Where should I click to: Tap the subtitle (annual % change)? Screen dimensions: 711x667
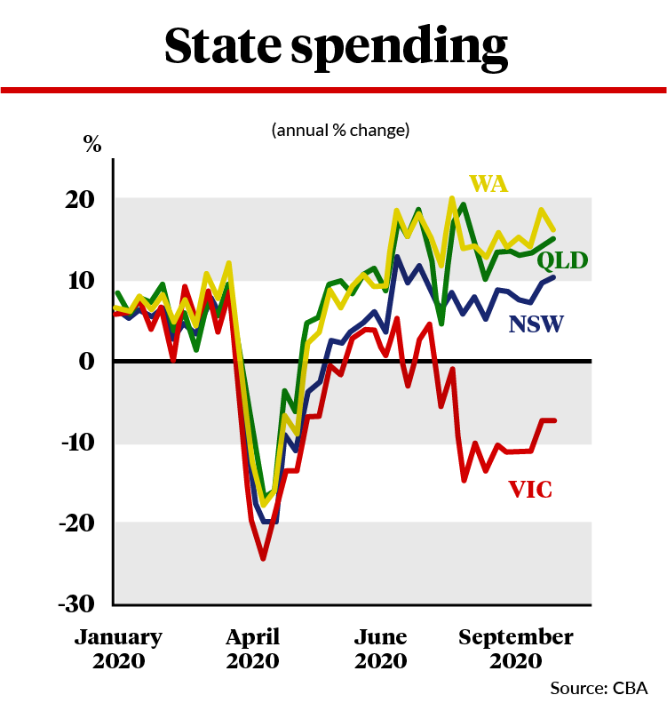pos(340,130)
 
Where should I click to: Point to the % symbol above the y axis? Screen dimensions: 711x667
pos(92,145)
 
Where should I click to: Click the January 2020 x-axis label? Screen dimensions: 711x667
pos(118,649)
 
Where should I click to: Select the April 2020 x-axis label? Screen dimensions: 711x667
pos(252,649)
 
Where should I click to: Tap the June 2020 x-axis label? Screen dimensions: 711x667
pos(380,649)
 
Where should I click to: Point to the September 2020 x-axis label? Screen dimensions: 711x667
pos(515,649)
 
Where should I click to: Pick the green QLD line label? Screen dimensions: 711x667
pos(565,260)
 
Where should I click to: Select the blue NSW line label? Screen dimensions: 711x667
pos(536,324)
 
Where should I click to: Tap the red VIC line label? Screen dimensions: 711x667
pos(530,488)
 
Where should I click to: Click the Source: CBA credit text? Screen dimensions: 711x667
pos(599,688)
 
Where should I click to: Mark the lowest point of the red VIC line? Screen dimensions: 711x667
pos(263,559)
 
